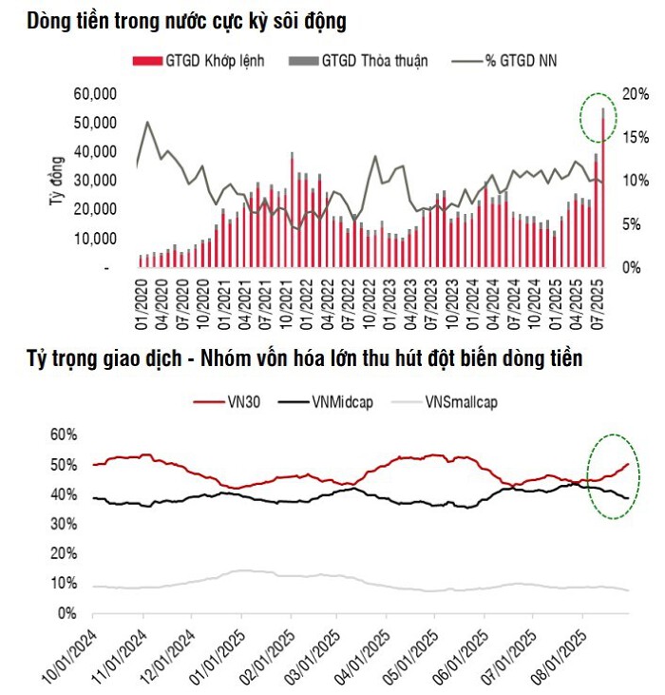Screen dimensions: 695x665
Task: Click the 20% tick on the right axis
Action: click(636, 93)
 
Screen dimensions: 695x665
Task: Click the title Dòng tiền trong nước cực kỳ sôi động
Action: click(187, 20)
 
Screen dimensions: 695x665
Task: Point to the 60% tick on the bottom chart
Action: click(63, 434)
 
